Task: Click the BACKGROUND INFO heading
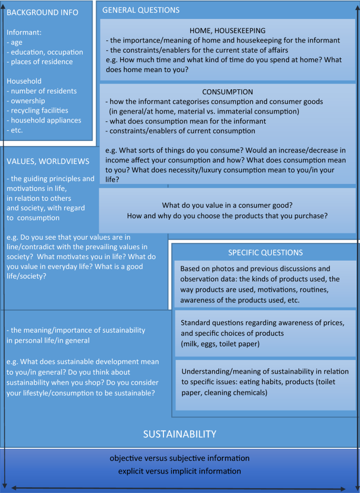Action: [x=43, y=13]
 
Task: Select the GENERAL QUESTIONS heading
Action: [x=140, y=10]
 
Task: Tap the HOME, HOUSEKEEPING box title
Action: [x=228, y=30]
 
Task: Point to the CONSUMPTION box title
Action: [x=228, y=91]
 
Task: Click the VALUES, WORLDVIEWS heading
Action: [x=48, y=161]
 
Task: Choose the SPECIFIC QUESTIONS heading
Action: [x=265, y=252]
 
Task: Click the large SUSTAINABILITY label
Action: [x=180, y=434]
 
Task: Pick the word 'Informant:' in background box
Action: [x=24, y=33]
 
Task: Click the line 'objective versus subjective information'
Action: [x=179, y=458]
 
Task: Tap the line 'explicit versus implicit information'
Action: [x=179, y=471]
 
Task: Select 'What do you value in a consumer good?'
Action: [x=228, y=205]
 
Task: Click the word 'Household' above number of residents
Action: [x=24, y=81]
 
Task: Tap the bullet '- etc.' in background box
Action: [x=15, y=130]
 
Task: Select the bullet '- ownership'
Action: [x=26, y=101]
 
